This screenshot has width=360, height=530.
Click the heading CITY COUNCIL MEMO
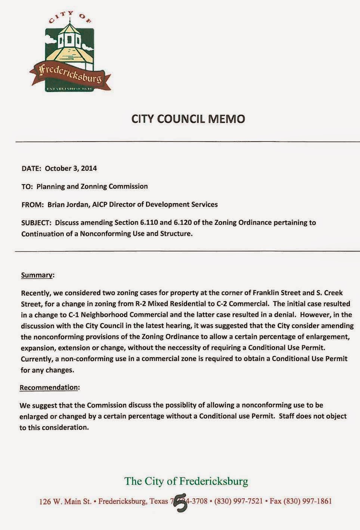click(x=188, y=119)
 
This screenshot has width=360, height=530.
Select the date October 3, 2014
click(x=71, y=168)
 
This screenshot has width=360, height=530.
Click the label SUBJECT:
click(x=36, y=223)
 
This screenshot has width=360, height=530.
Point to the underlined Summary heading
click(x=37, y=275)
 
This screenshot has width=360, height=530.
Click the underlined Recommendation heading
click(x=49, y=387)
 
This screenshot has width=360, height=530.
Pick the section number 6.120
click(x=182, y=223)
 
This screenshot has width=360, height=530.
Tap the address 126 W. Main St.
click(x=65, y=501)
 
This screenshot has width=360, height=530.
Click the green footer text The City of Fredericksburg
click(x=186, y=481)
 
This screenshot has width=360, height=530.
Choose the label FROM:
click(x=33, y=204)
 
